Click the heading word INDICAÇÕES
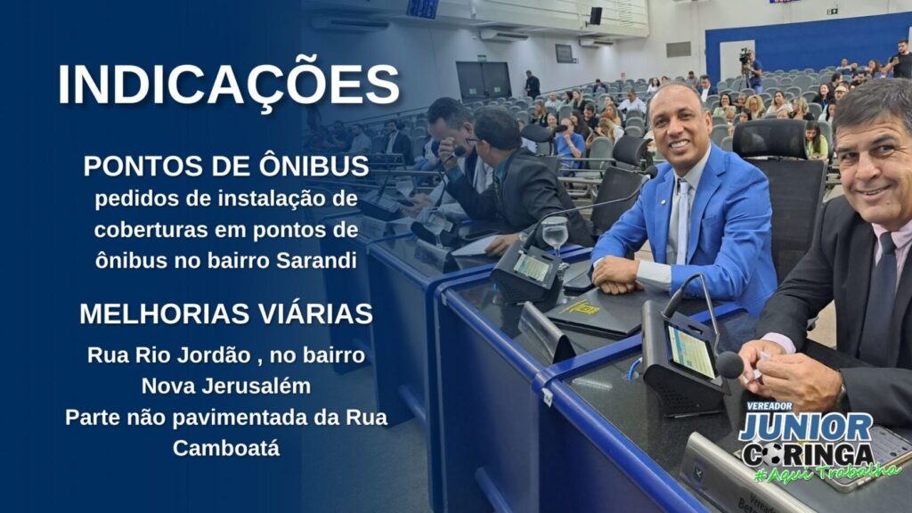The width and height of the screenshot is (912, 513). (229, 85)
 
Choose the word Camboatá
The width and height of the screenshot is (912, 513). (226, 448)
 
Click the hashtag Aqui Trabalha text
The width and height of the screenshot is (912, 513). (827, 472)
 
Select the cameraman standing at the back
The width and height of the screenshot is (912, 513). (752, 69)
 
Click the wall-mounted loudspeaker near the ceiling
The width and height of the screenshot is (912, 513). (596, 16)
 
